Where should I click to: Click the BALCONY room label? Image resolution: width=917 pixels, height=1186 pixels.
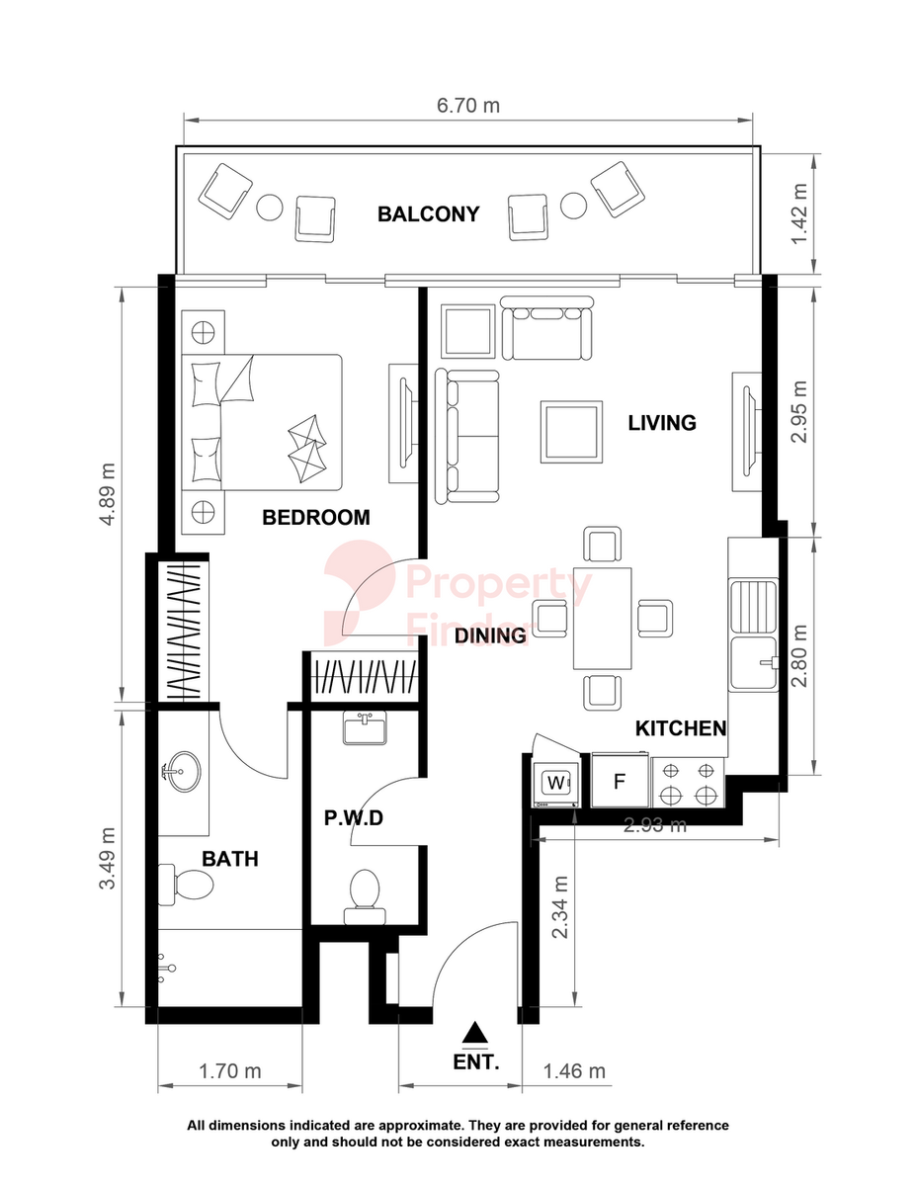click(428, 213)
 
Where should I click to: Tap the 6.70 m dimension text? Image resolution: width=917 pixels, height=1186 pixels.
click(468, 106)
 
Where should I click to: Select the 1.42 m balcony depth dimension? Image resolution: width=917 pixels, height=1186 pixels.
click(799, 213)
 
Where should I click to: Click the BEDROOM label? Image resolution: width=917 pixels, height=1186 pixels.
click(316, 518)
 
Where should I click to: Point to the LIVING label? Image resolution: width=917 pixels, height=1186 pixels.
click(662, 423)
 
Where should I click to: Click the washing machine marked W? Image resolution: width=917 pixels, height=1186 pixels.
click(556, 782)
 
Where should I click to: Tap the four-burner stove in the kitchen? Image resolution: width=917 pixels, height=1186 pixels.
click(688, 782)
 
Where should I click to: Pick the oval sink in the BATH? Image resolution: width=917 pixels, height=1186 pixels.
click(182, 772)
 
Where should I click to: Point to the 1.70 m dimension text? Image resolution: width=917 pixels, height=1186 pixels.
click(229, 1071)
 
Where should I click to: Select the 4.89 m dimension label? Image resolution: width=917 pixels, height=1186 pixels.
click(108, 494)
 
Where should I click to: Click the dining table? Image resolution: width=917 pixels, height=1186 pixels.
click(602, 619)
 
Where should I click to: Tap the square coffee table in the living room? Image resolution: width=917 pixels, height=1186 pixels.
click(572, 432)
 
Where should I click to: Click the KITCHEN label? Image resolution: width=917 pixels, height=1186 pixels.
click(681, 728)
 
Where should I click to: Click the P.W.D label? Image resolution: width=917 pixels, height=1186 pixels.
click(354, 818)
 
